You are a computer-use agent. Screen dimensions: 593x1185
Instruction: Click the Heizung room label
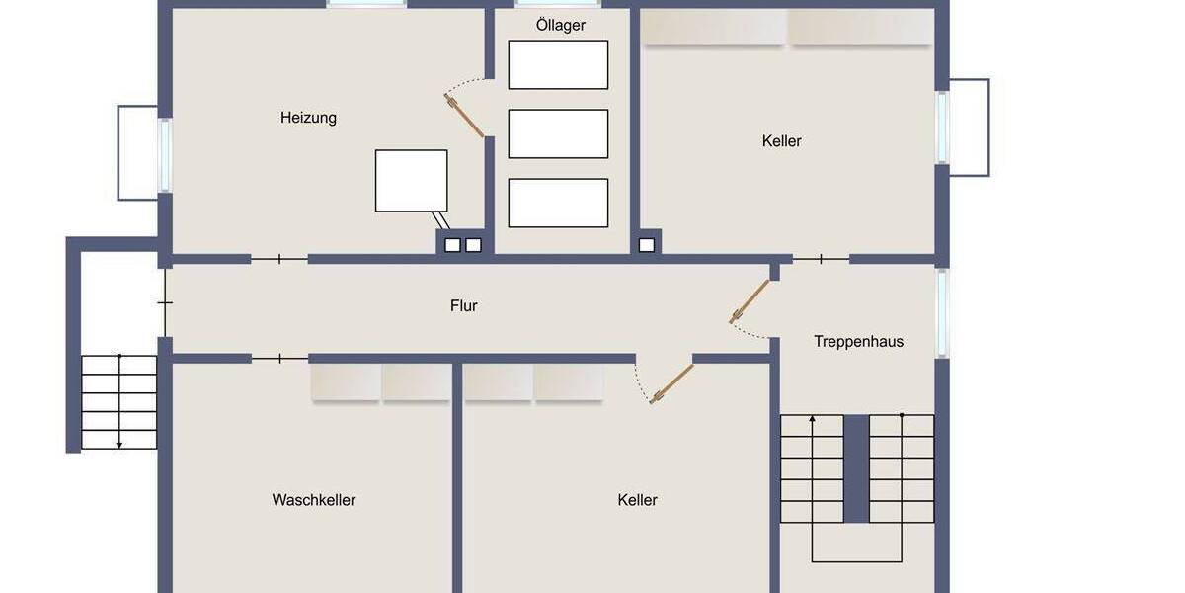[x=308, y=118]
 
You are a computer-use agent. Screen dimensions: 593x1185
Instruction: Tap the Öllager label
[x=561, y=25]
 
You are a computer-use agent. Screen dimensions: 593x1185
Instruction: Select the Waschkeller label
[x=314, y=500]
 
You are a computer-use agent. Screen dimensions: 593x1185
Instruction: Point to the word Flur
[x=464, y=306]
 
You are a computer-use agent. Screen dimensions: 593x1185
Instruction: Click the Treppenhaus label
[x=858, y=342]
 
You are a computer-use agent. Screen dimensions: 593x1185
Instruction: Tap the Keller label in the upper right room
[x=782, y=141]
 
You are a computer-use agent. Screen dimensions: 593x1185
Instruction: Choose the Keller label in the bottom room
[x=637, y=500]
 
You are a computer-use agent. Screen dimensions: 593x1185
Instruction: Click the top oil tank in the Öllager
[x=558, y=65]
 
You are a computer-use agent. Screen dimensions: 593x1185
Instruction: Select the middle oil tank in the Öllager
[x=558, y=133]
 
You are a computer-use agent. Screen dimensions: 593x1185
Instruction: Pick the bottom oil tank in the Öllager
[x=558, y=203]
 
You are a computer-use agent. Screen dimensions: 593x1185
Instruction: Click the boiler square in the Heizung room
[x=411, y=181]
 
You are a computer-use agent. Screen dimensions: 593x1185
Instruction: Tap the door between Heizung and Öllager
[x=464, y=115]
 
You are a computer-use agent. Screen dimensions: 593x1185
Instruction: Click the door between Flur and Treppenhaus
[x=749, y=301]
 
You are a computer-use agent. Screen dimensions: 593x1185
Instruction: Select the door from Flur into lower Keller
[x=671, y=383]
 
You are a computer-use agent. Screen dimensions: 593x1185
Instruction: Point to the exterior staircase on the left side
[x=118, y=401]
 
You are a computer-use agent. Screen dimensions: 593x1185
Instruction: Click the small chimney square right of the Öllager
[x=647, y=244]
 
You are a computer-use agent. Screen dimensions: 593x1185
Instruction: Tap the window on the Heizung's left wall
[x=165, y=155]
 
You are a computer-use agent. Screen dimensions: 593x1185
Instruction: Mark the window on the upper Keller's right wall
[x=942, y=127]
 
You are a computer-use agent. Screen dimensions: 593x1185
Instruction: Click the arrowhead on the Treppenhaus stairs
[x=813, y=419]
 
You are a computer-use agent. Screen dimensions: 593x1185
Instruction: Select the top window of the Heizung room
[x=366, y=4]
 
